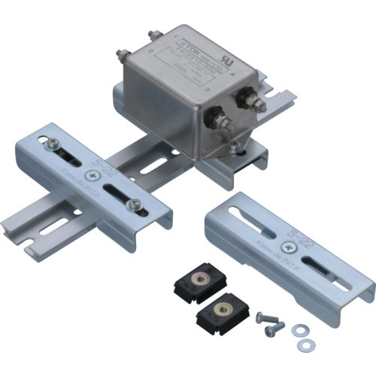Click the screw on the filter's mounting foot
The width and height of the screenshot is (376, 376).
237,147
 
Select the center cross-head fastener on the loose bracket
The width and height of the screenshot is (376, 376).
288,246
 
